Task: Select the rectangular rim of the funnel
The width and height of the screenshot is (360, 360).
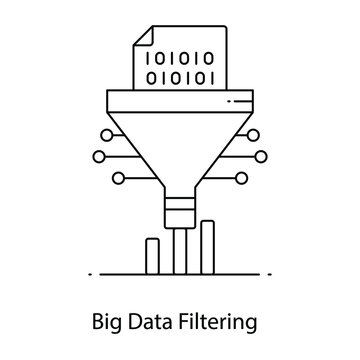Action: tap(180, 101)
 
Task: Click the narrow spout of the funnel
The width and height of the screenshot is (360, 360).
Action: tap(180, 206)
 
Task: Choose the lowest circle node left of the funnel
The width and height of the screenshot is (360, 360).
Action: tap(120, 177)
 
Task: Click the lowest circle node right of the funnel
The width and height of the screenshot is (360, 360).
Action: tap(240, 177)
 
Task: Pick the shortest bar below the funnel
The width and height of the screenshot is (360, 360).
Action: tap(154, 254)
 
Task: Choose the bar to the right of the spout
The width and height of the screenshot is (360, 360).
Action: tap(207, 246)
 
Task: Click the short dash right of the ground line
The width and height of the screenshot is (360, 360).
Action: tap(265, 273)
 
